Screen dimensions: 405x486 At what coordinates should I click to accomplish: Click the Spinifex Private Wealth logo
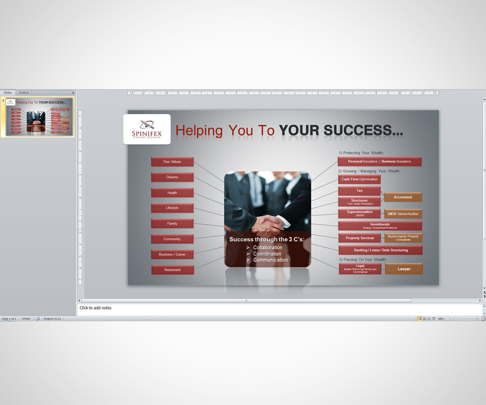(x=147, y=129)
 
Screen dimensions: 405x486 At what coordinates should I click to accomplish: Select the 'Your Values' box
(x=172, y=162)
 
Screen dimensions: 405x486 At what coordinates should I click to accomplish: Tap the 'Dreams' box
(x=172, y=177)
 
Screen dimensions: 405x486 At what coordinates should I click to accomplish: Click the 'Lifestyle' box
(x=172, y=208)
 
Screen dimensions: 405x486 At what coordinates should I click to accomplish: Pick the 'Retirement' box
(x=173, y=270)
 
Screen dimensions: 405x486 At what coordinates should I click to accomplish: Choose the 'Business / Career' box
(x=172, y=254)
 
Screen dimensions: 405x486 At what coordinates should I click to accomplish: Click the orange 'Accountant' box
(x=403, y=197)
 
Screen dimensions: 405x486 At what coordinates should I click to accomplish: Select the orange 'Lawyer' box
(x=404, y=269)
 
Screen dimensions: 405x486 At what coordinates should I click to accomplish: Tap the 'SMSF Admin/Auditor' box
(x=403, y=214)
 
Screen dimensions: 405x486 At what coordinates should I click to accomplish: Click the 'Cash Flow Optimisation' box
(x=359, y=179)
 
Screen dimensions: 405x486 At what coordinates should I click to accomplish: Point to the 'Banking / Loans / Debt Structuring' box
(x=380, y=250)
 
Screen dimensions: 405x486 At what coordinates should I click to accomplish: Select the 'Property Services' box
(x=360, y=238)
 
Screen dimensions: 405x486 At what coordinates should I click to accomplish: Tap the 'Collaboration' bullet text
(x=268, y=247)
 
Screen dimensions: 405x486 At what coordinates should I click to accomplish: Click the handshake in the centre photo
(x=268, y=224)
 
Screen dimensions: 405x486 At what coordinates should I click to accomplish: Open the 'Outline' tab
(x=24, y=93)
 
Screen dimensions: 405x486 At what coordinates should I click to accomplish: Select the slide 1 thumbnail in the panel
(x=39, y=117)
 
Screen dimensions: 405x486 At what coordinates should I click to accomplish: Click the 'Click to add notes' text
(x=96, y=308)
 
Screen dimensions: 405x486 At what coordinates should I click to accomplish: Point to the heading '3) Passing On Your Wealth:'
(x=362, y=259)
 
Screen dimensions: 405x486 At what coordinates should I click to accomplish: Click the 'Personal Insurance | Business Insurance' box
(x=379, y=162)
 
